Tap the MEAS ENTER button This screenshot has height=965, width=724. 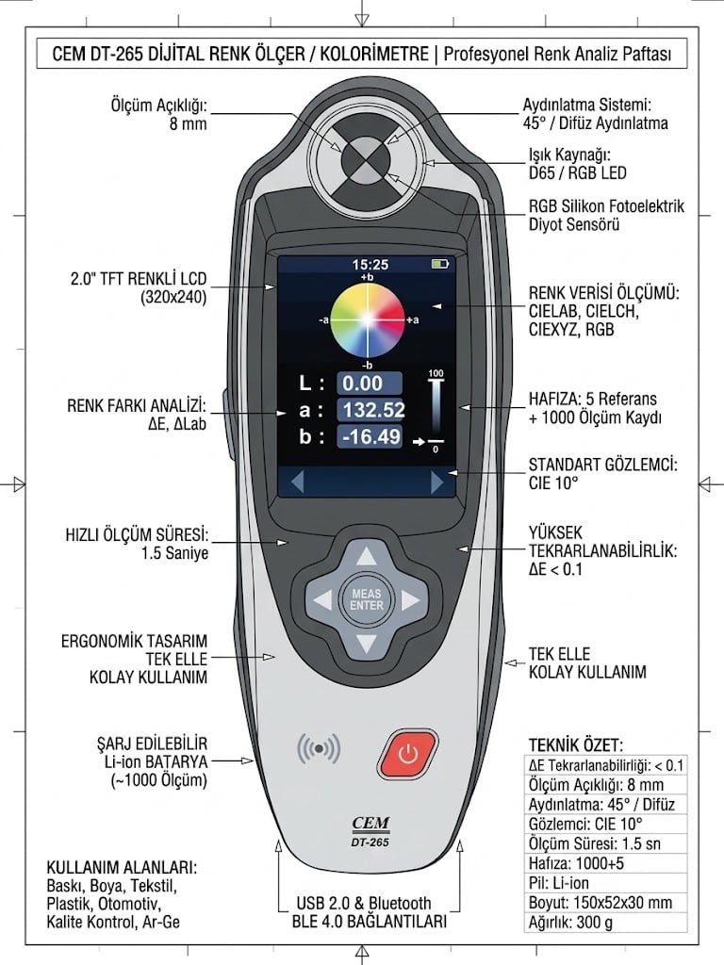click(x=367, y=599)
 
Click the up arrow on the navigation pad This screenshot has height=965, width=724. click(x=367, y=556)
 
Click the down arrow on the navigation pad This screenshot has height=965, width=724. click(x=367, y=644)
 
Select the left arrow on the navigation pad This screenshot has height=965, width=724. click(x=322, y=599)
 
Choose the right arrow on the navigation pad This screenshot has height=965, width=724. click(x=411, y=599)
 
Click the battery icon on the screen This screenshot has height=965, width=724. click(x=440, y=264)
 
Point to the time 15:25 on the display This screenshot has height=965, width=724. click(x=370, y=265)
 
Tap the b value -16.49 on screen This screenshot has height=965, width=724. click(x=370, y=436)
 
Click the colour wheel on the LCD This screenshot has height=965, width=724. click(x=368, y=319)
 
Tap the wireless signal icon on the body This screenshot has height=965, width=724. click(x=319, y=748)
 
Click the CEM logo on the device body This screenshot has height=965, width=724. click(x=370, y=823)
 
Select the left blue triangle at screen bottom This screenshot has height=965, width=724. click(x=297, y=482)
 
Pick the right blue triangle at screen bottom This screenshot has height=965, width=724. click(x=437, y=482)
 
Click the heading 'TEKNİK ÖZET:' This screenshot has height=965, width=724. click(x=576, y=744)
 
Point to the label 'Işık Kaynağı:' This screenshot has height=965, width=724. click(x=569, y=155)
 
